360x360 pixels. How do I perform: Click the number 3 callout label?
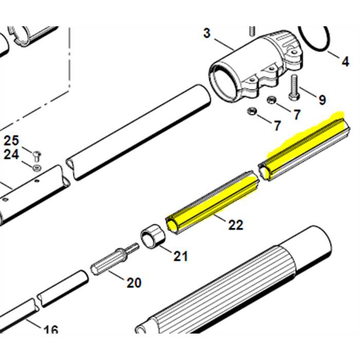pyautogui.click(x=207, y=33)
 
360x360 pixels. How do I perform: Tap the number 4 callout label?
pyautogui.click(x=345, y=62)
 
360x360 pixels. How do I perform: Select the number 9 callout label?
pyautogui.click(x=322, y=99)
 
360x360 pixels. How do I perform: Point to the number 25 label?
pyautogui.click(x=11, y=140)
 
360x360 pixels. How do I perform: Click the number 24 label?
pyautogui.click(x=11, y=154)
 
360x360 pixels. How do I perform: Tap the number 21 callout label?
pyautogui.click(x=180, y=256)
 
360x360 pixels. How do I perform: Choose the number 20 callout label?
pyautogui.click(x=133, y=282)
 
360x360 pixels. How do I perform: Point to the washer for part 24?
pyautogui.click(x=37, y=167)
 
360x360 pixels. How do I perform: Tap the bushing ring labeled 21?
pyautogui.click(x=152, y=237)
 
